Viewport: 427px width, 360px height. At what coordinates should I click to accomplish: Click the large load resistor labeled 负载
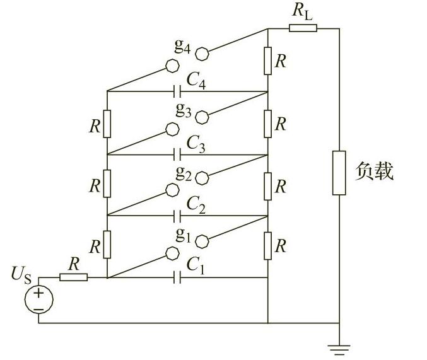pyautogui.click(x=339, y=173)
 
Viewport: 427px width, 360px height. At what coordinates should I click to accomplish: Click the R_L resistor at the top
pyautogui.click(x=303, y=28)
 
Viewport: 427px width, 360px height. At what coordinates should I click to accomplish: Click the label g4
pyautogui.click(x=184, y=47)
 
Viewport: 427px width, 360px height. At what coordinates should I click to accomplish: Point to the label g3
pyautogui.click(x=184, y=110)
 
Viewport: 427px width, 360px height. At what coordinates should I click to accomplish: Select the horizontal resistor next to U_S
pyautogui.click(x=73, y=277)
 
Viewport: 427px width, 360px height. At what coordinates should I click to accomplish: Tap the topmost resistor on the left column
pyautogui.click(x=107, y=123)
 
